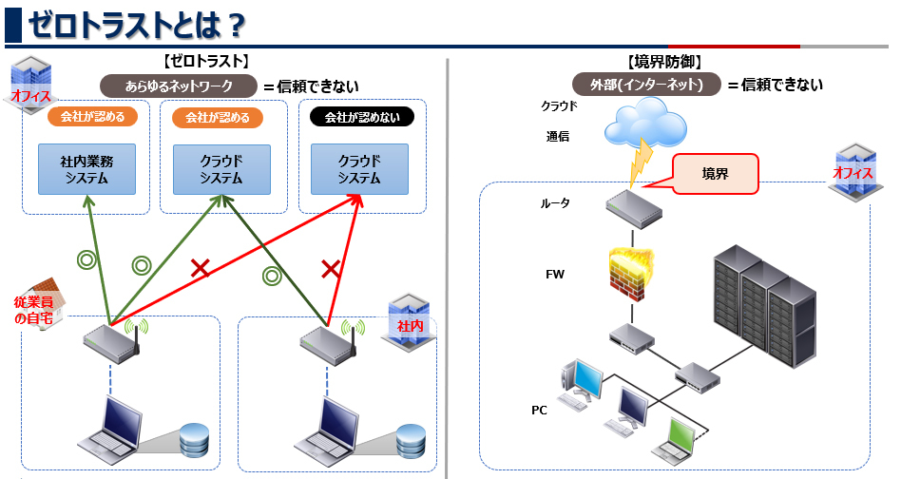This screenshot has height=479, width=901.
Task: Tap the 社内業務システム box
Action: point(87,168)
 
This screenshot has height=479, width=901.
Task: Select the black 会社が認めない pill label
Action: point(362,118)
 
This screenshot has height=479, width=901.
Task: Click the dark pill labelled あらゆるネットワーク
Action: point(179,86)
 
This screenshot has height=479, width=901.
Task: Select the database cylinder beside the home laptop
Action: point(193,439)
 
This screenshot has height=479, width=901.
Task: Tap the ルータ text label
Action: point(555,203)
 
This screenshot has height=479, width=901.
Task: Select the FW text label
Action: point(555,274)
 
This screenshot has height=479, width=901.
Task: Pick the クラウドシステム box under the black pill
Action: point(359,168)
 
